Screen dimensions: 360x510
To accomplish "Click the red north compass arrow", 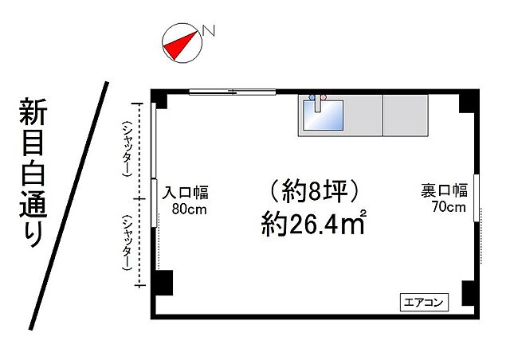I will [179, 45].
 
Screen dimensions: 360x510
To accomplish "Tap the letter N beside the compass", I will [209, 31].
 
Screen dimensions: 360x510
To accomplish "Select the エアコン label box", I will [423, 302].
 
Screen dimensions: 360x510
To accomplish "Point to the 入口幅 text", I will [186, 193].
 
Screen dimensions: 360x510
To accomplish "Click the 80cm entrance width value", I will [189, 209].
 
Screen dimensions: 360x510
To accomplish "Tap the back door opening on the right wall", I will [477, 197].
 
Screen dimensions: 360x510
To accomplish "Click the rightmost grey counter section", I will [406, 115].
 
